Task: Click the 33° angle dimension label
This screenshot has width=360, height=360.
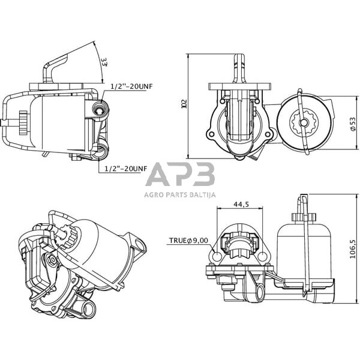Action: (x=104, y=62)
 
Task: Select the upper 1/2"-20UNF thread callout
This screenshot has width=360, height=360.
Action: (x=131, y=86)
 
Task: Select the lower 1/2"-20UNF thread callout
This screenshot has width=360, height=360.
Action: (x=125, y=169)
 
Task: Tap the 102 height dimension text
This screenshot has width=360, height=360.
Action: (x=184, y=104)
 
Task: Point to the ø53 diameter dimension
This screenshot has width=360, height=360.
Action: (x=353, y=125)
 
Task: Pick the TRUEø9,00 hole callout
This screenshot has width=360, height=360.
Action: (x=188, y=241)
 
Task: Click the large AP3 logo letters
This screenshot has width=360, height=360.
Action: (x=181, y=174)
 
